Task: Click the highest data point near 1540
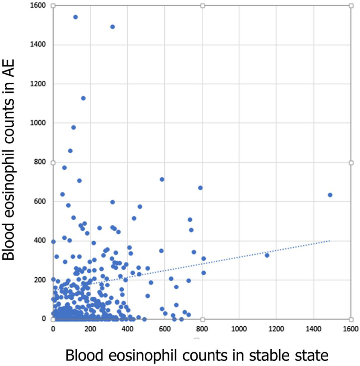tap(75, 17)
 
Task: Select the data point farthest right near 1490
tap(330, 195)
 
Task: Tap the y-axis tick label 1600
tap(39, 6)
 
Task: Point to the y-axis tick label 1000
tap(39, 123)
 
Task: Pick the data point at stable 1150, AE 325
tap(267, 255)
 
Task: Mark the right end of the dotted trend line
tap(330, 240)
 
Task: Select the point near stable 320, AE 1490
tap(112, 26)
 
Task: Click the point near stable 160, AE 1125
tap(83, 98)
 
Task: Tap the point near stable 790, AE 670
tap(200, 187)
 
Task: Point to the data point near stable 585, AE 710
tap(162, 179)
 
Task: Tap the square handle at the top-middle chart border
tap(202, 6)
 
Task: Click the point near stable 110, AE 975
tap(74, 127)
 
